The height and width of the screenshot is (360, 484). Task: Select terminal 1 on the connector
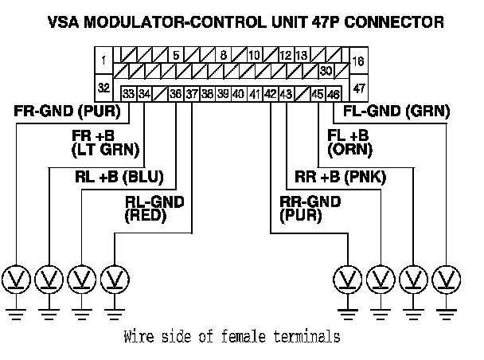pos(104,58)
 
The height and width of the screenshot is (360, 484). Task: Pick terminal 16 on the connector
pos(357,61)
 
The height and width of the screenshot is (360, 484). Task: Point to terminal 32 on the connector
pos(104,86)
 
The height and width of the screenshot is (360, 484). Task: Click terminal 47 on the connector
pos(357,86)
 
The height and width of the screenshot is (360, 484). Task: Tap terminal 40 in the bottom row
pos(238,94)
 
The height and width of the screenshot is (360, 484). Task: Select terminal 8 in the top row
pos(224,56)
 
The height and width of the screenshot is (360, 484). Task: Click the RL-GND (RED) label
pos(155,209)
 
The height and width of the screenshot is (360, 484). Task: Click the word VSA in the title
pos(85,22)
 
